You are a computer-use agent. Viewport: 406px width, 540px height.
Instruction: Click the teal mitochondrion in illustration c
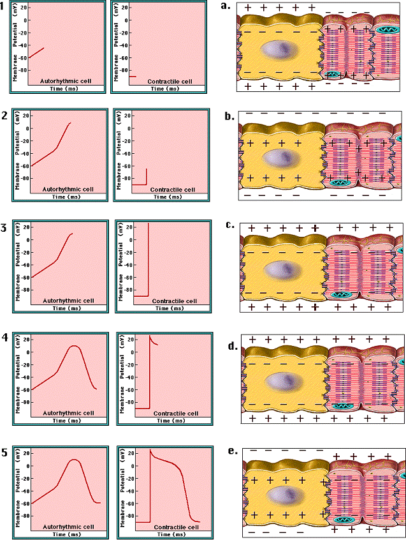point(344,296)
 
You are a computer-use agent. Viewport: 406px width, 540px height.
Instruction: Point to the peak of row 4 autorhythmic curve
point(75,347)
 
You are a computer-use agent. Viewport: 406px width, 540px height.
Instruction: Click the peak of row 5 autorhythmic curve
point(75,460)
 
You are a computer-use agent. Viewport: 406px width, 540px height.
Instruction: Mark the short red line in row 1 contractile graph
point(133,77)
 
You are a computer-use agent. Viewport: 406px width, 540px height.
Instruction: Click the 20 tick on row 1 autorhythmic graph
point(23,8)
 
